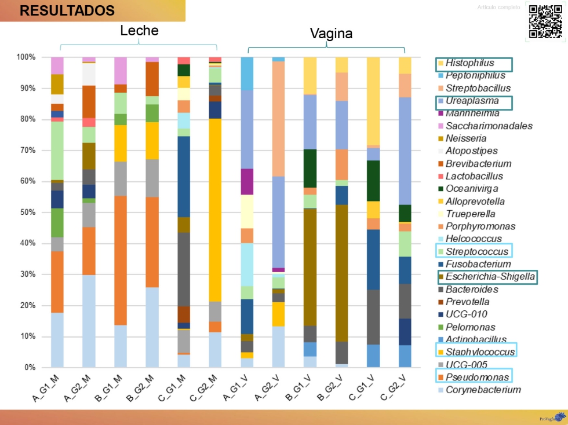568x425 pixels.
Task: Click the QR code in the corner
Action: (x=545, y=21)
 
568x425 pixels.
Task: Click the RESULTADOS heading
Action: (x=67, y=10)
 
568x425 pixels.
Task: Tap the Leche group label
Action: (x=139, y=31)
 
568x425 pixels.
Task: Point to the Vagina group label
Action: (x=331, y=34)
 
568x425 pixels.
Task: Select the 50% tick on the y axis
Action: (x=26, y=212)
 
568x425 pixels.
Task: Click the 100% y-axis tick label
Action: (x=25, y=57)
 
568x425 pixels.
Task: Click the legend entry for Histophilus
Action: (x=469, y=63)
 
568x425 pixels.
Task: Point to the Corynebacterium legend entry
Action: (x=483, y=390)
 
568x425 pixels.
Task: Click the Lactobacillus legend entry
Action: (x=474, y=176)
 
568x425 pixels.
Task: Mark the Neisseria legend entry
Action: (x=466, y=138)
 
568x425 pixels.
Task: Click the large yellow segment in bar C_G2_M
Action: (x=215, y=208)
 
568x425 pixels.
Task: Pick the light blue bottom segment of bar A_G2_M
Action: (x=89, y=321)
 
